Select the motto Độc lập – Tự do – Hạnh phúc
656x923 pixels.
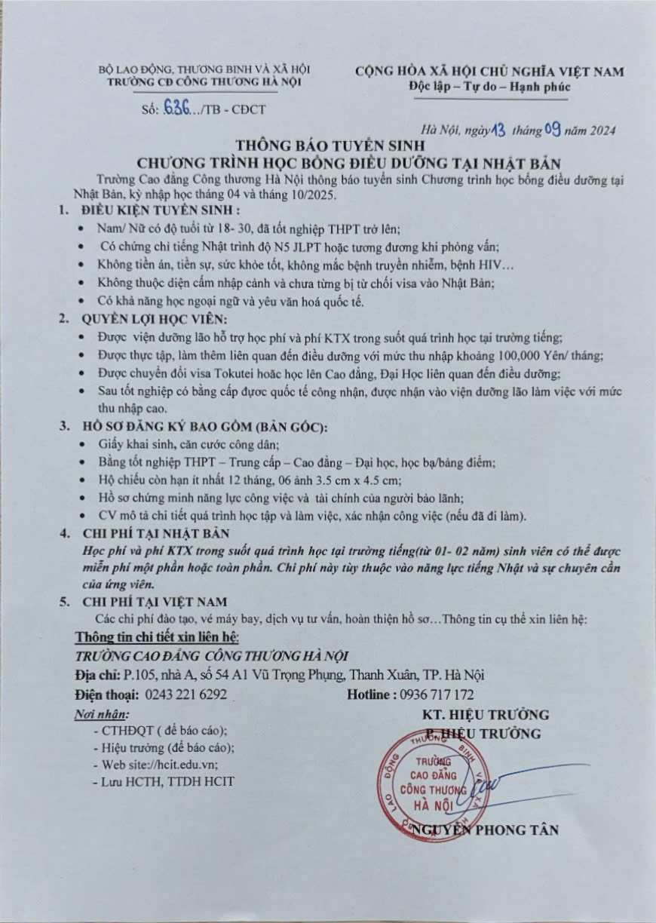click(x=490, y=87)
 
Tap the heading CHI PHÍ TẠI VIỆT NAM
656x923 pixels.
click(x=155, y=601)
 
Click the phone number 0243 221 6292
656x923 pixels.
click(x=185, y=695)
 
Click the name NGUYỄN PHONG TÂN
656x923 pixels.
click(x=486, y=830)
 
